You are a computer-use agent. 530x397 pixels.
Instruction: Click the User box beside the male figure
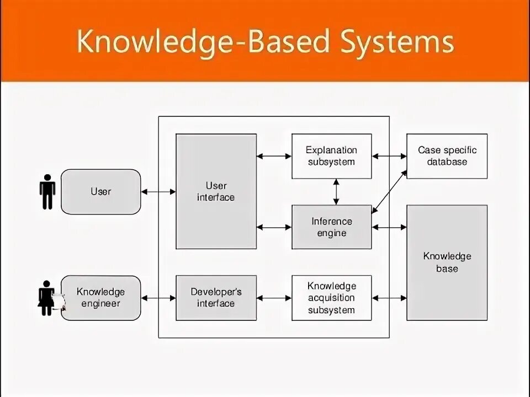[100, 192]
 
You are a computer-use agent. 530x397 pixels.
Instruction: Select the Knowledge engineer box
[100, 298]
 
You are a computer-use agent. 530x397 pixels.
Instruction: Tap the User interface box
[216, 191]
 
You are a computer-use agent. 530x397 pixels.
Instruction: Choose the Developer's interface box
[216, 298]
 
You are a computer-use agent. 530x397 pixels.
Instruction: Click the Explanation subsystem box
[331, 156]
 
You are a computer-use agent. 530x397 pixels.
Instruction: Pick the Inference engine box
[331, 227]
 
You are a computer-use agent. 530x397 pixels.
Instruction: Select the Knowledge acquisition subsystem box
[331, 298]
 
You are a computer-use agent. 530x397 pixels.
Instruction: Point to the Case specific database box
[447, 156]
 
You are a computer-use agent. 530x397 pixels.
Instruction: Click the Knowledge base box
[447, 262]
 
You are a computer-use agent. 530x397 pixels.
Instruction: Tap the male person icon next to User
[47, 192]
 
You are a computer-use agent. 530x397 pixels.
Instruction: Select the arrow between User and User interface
[158, 192]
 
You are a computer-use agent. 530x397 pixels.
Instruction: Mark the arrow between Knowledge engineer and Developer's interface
[158, 298]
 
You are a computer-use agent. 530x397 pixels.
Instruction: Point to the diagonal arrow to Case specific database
[390, 191]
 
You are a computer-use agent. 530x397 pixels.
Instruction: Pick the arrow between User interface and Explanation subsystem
[274, 156]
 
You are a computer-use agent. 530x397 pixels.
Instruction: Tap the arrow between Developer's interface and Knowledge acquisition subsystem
[274, 298]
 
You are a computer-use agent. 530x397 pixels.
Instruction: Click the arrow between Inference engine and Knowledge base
[389, 227]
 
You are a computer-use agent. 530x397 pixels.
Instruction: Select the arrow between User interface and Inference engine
[274, 227]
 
